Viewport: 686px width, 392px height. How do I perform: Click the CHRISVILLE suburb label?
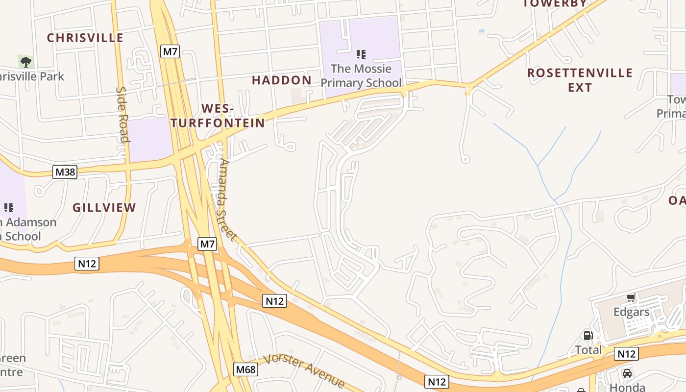[x=85, y=38]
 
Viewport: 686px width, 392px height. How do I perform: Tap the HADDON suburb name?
[x=282, y=80]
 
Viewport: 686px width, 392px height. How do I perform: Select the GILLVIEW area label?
[x=104, y=208]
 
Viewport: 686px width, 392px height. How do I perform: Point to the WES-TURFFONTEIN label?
[x=219, y=116]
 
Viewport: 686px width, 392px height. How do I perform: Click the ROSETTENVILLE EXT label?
[x=580, y=80]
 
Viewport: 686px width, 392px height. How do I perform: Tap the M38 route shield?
[x=65, y=172]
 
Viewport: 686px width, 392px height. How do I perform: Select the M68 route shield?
[x=245, y=369]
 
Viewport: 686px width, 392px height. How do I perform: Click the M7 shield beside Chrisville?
[x=170, y=51]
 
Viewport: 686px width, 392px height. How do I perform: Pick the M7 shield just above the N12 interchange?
[x=207, y=244]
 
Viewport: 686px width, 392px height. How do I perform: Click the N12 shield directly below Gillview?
[x=87, y=264]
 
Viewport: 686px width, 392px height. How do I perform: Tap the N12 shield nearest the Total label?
[x=626, y=354]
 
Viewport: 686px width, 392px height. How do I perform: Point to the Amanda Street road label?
[x=228, y=199]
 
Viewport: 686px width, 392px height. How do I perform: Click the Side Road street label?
[x=122, y=115]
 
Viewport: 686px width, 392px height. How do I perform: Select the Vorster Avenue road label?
[x=304, y=370]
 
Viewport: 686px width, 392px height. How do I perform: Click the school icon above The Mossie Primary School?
[x=361, y=54]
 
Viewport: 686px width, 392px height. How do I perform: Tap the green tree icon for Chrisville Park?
[x=26, y=62]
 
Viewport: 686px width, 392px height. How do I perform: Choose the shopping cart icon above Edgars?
[x=631, y=297]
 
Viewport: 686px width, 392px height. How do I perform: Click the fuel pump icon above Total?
[x=588, y=336]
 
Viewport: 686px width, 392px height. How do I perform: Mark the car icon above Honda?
[x=627, y=373]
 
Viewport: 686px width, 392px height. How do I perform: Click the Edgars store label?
[x=632, y=312]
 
